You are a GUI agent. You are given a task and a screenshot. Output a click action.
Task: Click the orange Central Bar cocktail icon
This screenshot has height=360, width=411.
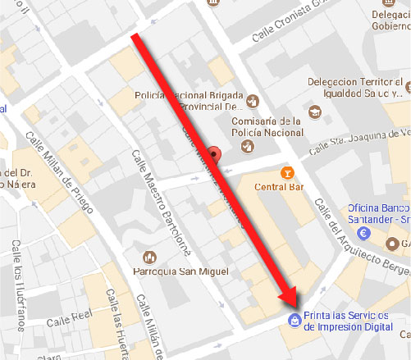(x=286, y=172)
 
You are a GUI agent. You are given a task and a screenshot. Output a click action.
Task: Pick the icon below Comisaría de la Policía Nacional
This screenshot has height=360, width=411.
(x=246, y=146)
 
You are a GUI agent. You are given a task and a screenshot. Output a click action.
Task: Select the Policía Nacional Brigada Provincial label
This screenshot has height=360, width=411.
(x=180, y=100)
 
